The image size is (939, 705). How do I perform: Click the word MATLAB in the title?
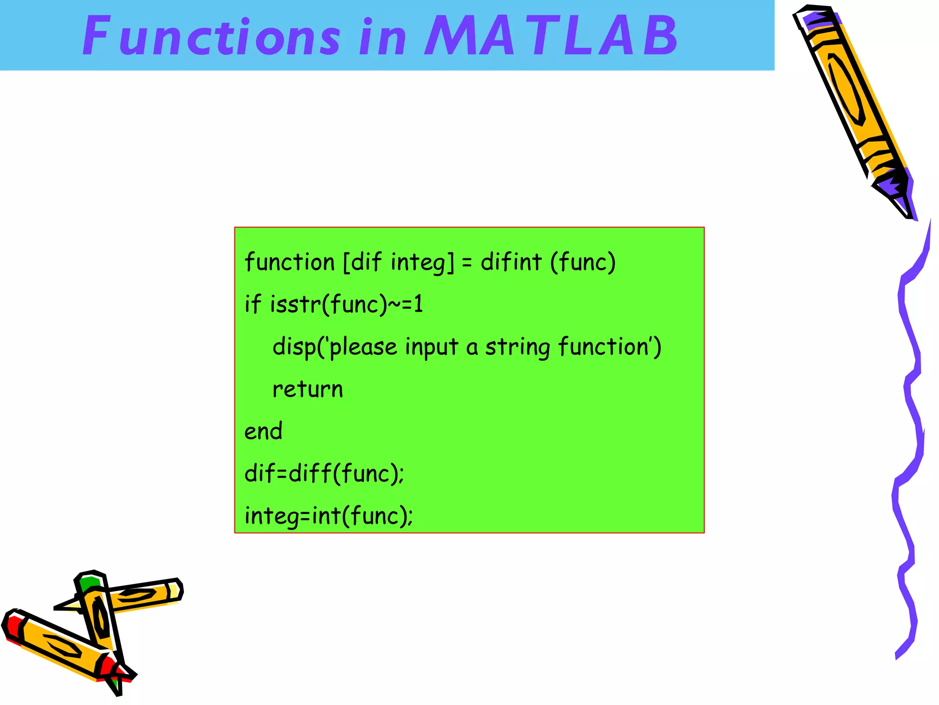click(550, 36)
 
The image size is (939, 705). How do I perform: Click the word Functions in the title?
click(211, 36)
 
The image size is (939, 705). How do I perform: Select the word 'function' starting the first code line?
click(290, 263)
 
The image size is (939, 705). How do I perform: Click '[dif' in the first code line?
click(362, 263)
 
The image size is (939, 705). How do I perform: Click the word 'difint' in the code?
click(511, 263)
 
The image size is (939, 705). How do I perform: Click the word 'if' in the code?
click(253, 304)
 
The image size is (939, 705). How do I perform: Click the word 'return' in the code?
click(308, 389)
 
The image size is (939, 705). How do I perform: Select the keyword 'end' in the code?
click(263, 431)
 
